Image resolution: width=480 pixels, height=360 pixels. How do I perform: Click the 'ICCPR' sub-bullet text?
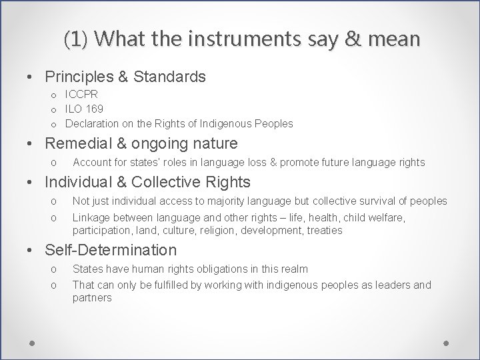81,94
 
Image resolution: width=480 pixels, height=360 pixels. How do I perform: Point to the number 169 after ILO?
94,109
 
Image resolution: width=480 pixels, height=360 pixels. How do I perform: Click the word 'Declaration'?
93,123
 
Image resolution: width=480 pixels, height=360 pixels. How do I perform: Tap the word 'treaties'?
320,230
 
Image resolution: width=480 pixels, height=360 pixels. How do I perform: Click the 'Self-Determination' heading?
110,250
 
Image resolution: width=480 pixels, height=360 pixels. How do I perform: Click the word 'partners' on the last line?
93,297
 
